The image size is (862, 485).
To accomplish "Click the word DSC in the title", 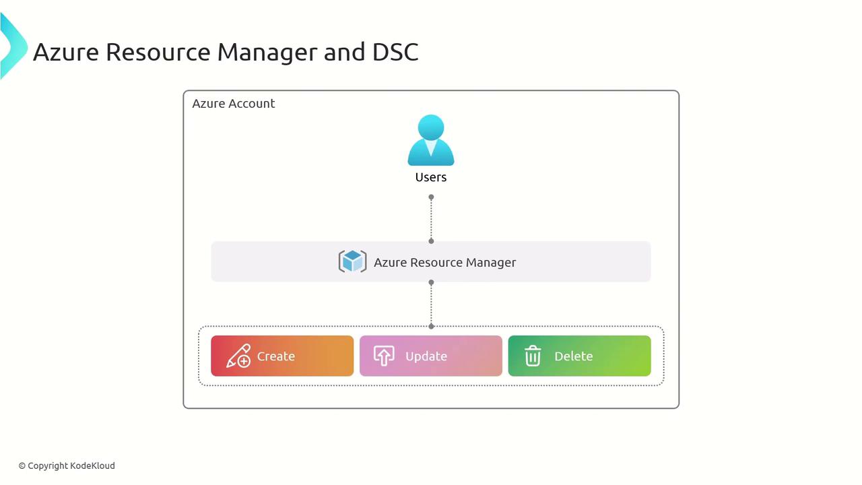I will click(x=395, y=52).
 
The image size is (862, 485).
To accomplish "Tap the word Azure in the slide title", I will click(x=66, y=52).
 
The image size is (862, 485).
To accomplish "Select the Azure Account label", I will click(x=234, y=104).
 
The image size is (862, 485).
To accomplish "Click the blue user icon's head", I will click(x=431, y=127).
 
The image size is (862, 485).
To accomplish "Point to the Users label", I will click(x=431, y=177).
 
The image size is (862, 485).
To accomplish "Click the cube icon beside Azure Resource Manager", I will click(x=352, y=261).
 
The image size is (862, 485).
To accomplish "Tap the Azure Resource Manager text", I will click(x=444, y=262).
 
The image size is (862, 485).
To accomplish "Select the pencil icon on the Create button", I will click(x=238, y=356).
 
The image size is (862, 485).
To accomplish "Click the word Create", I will click(x=276, y=356).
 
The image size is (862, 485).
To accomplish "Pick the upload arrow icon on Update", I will click(x=384, y=356).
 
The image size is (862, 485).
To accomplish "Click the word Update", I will click(x=426, y=356).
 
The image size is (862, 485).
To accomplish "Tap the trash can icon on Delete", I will click(x=533, y=356).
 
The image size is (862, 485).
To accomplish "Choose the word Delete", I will click(x=574, y=356).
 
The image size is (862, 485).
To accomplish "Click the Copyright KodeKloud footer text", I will click(x=67, y=465).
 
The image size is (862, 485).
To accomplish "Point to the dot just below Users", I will click(x=431, y=197).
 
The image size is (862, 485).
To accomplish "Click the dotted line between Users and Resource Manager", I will click(x=431, y=219).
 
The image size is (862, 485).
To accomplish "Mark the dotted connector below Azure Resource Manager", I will click(x=431, y=304).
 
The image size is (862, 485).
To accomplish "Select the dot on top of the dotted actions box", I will click(x=431, y=326).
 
